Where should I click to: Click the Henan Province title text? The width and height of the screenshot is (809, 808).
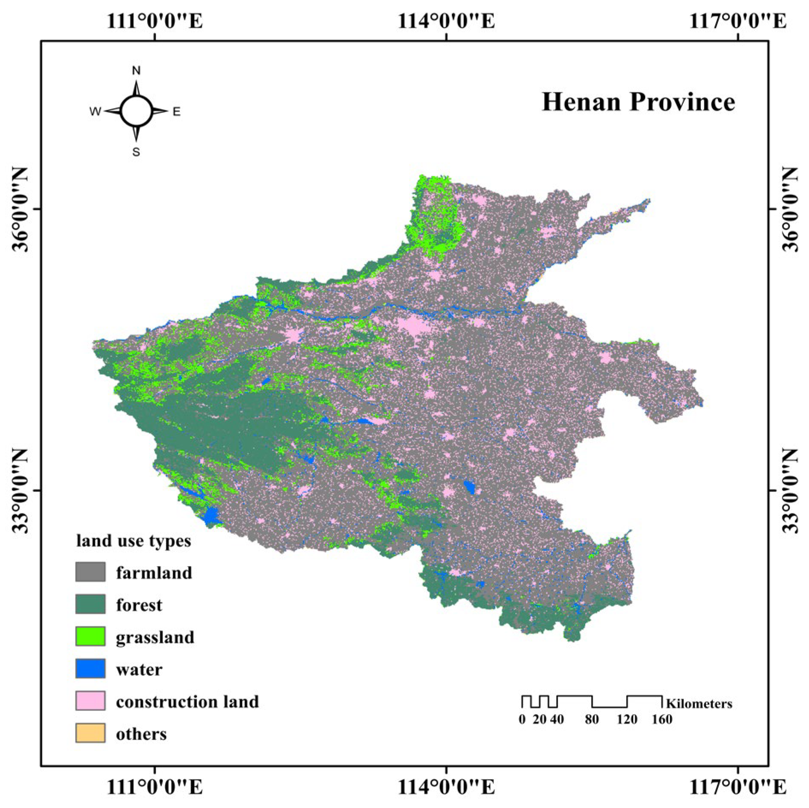[x=638, y=102]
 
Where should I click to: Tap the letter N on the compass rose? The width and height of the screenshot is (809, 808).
[x=136, y=71]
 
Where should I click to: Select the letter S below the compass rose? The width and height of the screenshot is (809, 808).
[x=136, y=152]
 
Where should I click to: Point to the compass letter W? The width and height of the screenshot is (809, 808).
[x=95, y=112]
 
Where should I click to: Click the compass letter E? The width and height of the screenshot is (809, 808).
[x=176, y=112]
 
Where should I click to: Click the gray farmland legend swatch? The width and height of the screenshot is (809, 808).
[x=90, y=572]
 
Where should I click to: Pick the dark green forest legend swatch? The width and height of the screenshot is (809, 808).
[x=90, y=604]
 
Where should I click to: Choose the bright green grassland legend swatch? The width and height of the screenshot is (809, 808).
[x=90, y=636]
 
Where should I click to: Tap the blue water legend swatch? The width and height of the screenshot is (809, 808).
[x=90, y=669]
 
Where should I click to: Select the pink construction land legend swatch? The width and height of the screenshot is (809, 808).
[x=90, y=701]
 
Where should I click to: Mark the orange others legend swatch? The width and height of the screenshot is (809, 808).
[x=90, y=733]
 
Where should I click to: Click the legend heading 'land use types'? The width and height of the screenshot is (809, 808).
[x=133, y=541]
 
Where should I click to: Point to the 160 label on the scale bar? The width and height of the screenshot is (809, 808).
[x=662, y=719]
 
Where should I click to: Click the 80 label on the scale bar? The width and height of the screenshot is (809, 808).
[x=592, y=719]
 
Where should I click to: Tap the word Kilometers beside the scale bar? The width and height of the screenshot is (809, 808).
[x=699, y=704]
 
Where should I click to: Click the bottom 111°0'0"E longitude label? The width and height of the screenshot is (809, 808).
[x=154, y=787]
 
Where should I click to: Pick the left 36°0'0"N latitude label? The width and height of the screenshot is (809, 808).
[x=20, y=209]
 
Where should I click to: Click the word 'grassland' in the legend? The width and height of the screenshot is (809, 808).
[x=155, y=637]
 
